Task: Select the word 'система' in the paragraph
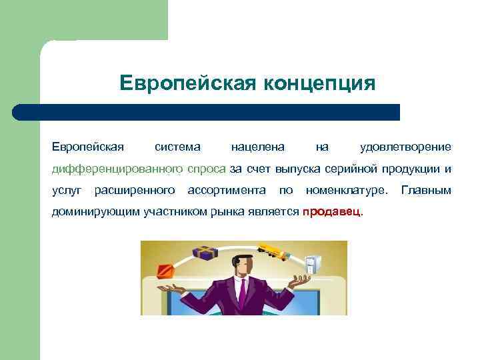(177, 147)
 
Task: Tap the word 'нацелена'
(257, 147)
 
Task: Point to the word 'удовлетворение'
(405, 147)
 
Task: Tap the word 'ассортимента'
(227, 191)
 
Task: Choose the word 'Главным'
(426, 191)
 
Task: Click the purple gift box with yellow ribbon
(205, 253)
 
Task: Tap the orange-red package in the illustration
(165, 271)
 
